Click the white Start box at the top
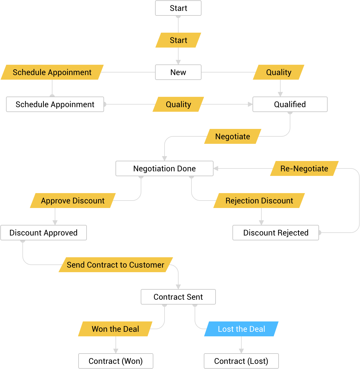(178, 8)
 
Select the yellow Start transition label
(178, 40)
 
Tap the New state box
(178, 72)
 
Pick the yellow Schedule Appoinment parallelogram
(52, 72)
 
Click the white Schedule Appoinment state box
(55, 104)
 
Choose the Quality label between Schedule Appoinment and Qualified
(178, 104)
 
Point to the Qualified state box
(290, 104)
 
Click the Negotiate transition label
(232, 136)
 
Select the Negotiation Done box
(164, 168)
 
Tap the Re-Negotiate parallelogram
(304, 168)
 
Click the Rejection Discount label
(259, 201)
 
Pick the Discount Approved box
(43, 233)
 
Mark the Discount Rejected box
(275, 233)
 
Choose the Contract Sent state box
(178, 297)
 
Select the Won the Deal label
(115, 329)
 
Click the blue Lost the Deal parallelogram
(241, 329)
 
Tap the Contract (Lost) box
(241, 361)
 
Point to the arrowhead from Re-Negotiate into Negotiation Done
(216, 168)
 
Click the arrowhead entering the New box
(178, 62)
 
